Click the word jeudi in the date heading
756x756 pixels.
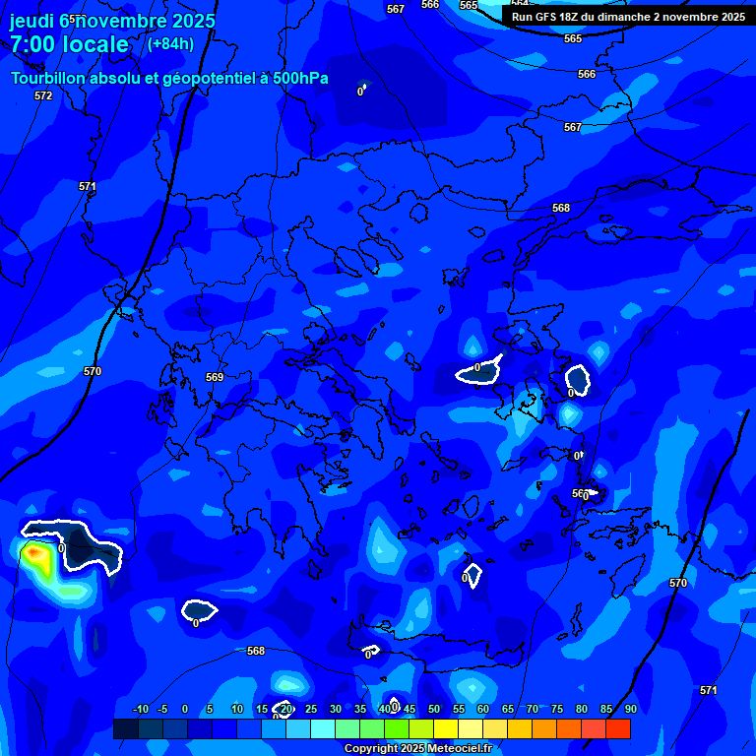pyautogui.click(x=32, y=21)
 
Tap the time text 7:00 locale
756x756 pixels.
pyautogui.click(x=69, y=44)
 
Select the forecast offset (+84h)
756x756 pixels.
pyautogui.click(x=170, y=44)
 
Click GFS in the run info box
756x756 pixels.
pyautogui.click(x=548, y=17)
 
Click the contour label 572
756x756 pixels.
pyautogui.click(x=43, y=95)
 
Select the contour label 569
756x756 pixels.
pyautogui.click(x=215, y=377)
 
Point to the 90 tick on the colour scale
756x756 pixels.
pyautogui.click(x=630, y=709)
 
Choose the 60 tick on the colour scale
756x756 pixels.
pyautogui.click(x=482, y=709)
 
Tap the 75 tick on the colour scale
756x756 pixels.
pyautogui.click(x=556, y=709)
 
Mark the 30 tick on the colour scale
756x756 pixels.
pyautogui.click(x=335, y=709)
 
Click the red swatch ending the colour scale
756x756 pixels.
pyautogui.click(x=618, y=728)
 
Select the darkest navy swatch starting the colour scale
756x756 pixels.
pyautogui.click(x=125, y=728)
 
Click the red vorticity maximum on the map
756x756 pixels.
pyautogui.click(x=35, y=554)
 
